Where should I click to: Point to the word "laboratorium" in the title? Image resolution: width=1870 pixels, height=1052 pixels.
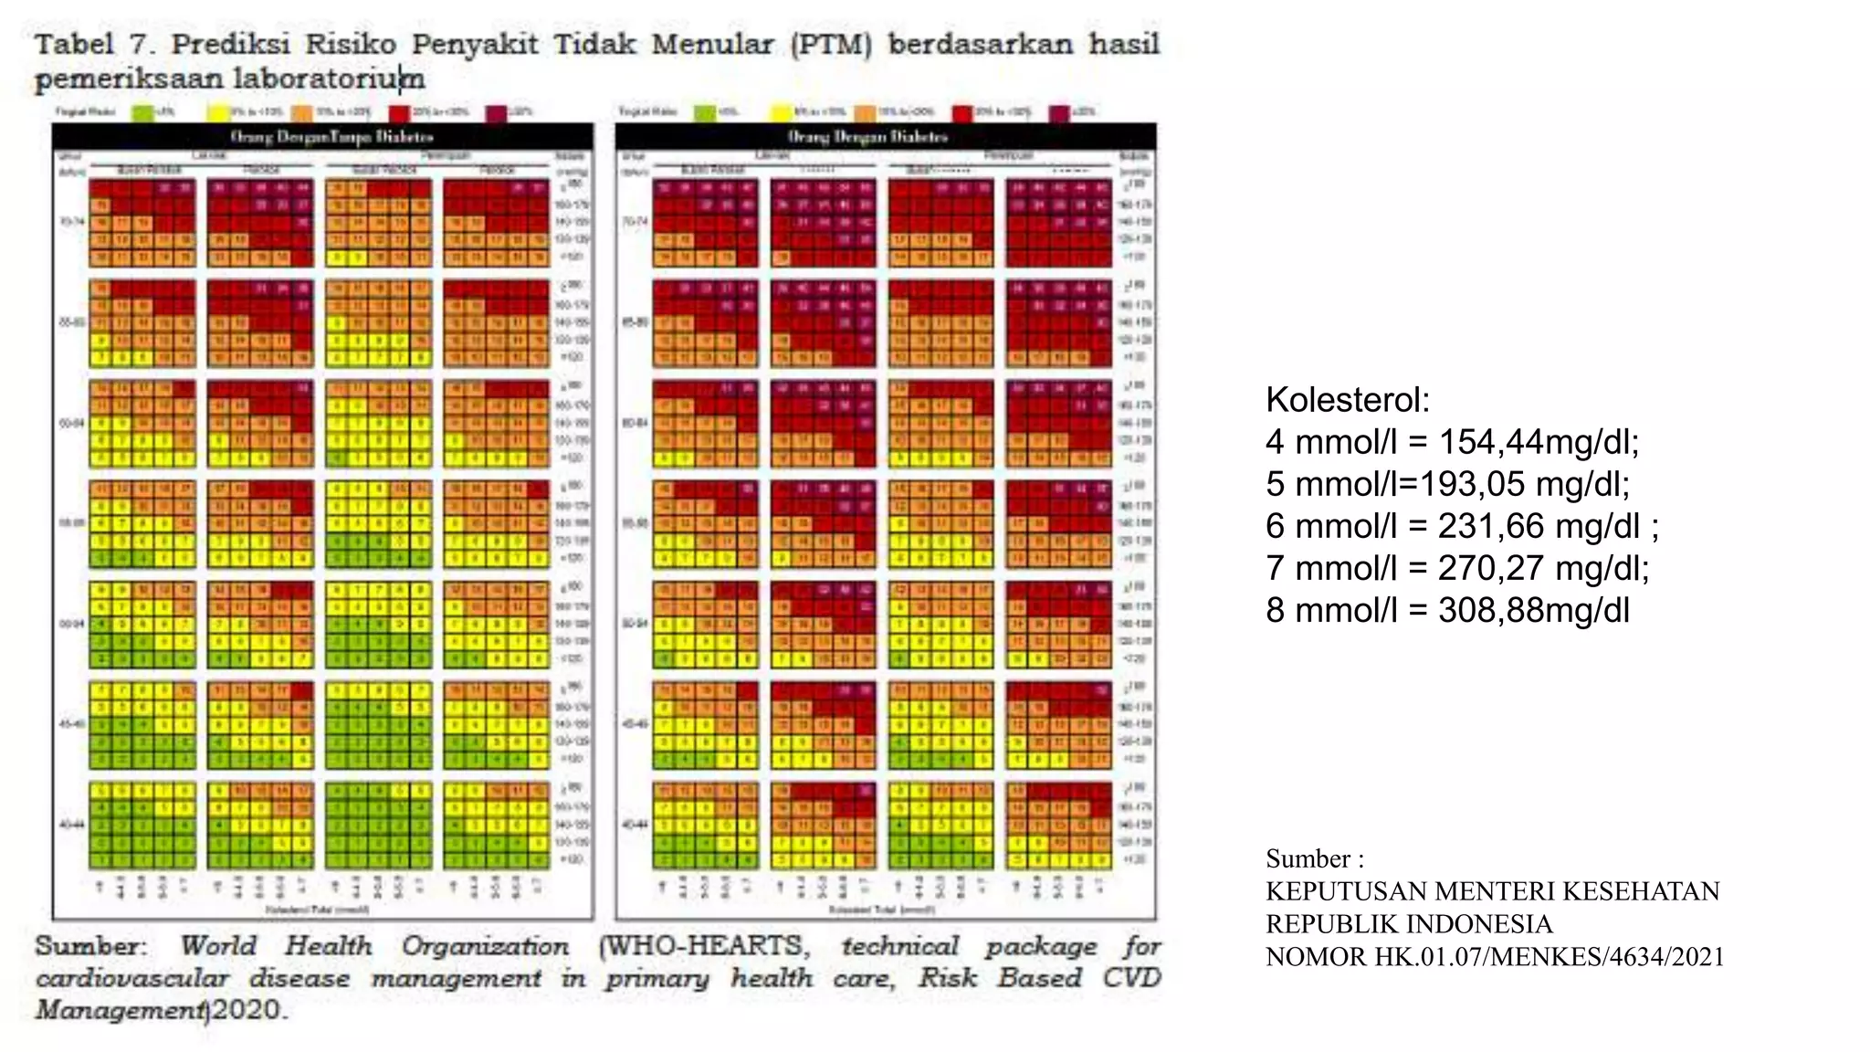click(329, 79)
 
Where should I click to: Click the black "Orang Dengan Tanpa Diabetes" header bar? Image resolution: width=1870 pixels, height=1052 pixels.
click(322, 137)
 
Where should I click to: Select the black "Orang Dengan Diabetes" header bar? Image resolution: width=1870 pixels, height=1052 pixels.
click(885, 137)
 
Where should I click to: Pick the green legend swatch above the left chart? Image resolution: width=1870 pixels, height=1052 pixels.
click(142, 113)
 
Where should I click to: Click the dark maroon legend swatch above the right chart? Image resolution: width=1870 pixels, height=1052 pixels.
click(1058, 113)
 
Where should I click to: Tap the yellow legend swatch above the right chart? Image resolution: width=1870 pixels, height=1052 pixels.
click(781, 113)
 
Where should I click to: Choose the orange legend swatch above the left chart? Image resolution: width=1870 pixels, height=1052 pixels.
click(301, 113)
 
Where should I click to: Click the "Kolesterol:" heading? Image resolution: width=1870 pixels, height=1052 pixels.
click(1347, 400)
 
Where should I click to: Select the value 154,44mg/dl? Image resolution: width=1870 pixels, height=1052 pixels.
click(1539, 442)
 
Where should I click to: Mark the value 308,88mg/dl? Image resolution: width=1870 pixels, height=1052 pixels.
click(1534, 610)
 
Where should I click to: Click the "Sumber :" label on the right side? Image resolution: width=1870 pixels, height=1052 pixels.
click(1314, 858)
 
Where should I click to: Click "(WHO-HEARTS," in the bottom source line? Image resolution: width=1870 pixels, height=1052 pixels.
click(703, 946)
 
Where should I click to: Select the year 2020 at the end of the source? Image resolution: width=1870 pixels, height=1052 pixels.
click(247, 1010)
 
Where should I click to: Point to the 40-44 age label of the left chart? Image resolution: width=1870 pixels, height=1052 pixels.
click(72, 825)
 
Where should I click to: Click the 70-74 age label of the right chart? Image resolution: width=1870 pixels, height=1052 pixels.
click(635, 221)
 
